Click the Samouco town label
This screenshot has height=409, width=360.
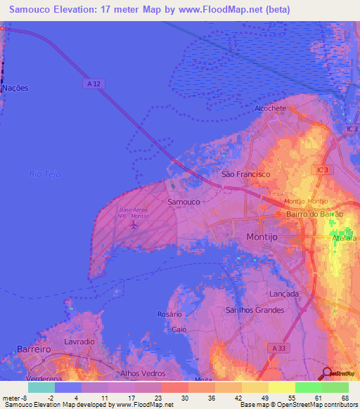pos(184,201)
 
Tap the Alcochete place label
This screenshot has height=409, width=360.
pos(271,108)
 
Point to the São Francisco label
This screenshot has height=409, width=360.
pos(245,174)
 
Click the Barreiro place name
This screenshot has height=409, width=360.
pos(32,349)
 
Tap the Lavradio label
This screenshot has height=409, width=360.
pos(79,342)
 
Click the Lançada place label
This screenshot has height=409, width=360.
pos(284,294)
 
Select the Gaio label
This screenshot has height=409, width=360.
pos(179,329)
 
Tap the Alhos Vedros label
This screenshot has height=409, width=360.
pos(139,373)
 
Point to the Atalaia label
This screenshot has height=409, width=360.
pos(345,238)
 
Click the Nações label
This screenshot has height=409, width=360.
pos(15,89)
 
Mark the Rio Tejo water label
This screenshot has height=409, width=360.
pos(44,174)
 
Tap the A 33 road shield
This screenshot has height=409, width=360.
pos(280,347)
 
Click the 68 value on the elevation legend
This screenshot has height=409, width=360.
pos(345,398)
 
